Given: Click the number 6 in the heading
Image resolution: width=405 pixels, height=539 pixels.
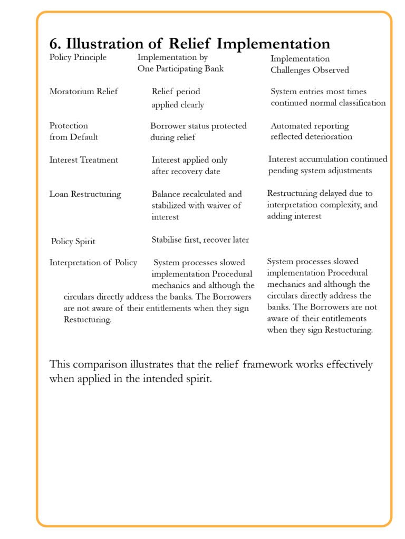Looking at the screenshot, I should (x=54, y=44).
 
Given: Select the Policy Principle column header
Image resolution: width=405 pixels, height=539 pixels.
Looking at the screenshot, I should (x=78, y=57).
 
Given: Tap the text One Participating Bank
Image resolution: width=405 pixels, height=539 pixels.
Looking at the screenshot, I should (x=180, y=69).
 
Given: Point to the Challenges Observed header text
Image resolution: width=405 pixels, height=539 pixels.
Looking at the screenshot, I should (x=310, y=70).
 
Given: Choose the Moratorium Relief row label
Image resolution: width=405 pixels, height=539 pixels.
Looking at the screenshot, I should (x=83, y=92).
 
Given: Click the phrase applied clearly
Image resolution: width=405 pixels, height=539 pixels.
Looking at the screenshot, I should (x=178, y=105).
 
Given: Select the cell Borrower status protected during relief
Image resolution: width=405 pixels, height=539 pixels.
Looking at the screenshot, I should (x=198, y=132).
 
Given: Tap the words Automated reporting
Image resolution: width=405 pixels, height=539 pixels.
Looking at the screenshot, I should (x=310, y=126).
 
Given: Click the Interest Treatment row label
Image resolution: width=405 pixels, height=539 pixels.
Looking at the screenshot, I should (x=83, y=160).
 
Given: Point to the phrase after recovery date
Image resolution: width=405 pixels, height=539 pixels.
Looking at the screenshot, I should (x=186, y=172).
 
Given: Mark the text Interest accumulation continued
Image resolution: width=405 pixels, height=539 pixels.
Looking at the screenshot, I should (x=327, y=159).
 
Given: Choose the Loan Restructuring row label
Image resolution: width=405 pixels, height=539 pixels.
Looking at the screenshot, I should (x=85, y=194).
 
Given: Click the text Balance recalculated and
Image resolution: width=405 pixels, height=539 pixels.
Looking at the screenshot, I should (x=197, y=194).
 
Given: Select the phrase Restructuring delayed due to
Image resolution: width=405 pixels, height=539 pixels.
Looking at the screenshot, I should (x=320, y=193).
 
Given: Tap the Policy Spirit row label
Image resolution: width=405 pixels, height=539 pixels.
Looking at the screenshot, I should (x=73, y=242).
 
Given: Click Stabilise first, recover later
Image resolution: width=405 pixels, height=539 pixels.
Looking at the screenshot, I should (x=200, y=240).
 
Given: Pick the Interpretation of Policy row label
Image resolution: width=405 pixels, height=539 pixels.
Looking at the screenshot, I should (x=93, y=263).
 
